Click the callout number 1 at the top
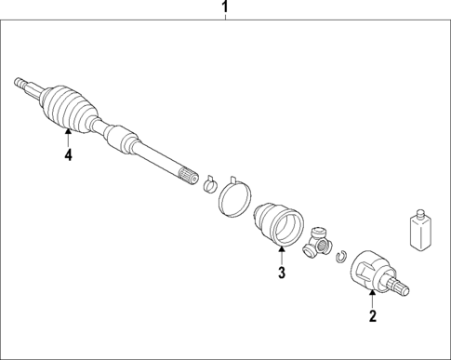pyautogui.click(x=224, y=9)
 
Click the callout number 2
pyautogui.click(x=372, y=316)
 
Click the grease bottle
pyautogui.click(x=418, y=232)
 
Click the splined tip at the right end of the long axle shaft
pyautogui.click(x=187, y=173)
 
